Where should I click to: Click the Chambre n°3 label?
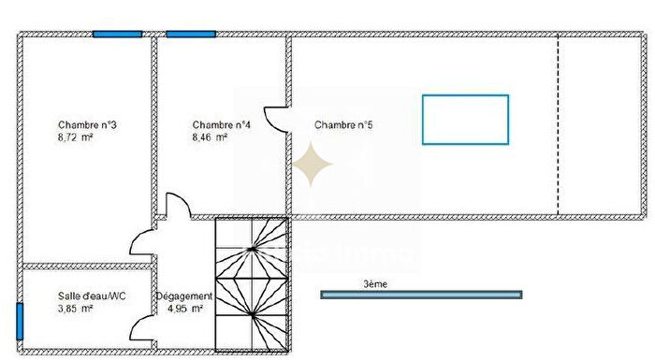pos(86,125)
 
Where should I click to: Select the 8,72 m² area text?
pos(75,137)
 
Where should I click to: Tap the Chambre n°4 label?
pos(222,125)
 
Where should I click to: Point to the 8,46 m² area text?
pos(211,137)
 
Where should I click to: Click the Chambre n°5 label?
pos(344,125)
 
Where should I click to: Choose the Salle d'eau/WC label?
pos(92,296)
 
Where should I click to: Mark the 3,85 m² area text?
pos(75,309)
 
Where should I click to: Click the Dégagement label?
pos(184,296)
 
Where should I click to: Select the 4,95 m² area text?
pos(184,309)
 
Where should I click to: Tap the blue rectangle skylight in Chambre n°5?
pos(465,119)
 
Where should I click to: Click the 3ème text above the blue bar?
pos(374,283)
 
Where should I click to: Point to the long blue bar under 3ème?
pos(421,295)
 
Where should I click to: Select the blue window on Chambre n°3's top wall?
pos(117,34)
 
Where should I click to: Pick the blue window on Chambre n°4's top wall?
pos(191,34)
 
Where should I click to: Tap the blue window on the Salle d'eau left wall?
pos(18,322)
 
